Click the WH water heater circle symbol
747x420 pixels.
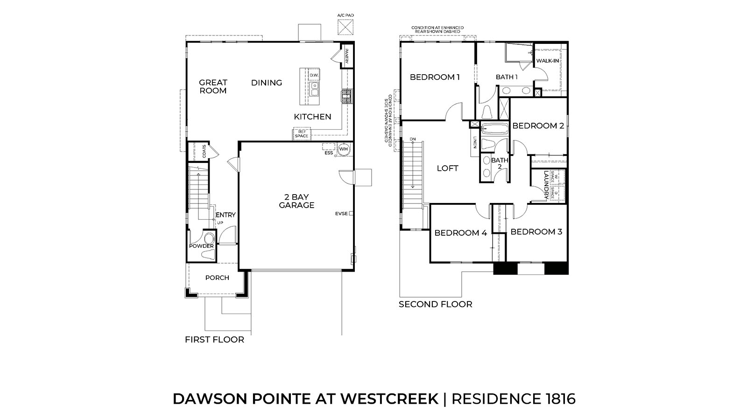point(344,149)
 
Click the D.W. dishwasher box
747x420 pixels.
point(313,75)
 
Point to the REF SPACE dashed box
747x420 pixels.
point(301,134)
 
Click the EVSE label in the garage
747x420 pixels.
point(341,214)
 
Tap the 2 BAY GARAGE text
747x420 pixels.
point(296,201)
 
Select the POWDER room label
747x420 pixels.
point(201,246)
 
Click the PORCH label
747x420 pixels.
point(217,278)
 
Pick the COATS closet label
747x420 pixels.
point(204,151)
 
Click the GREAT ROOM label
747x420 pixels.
point(213,86)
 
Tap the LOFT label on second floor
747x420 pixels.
point(447,168)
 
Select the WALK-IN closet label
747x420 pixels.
point(547,61)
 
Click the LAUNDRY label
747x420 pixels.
point(545,185)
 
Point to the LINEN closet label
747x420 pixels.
point(474,142)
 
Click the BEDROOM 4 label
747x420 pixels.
point(460,232)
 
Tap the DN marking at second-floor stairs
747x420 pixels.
point(413,139)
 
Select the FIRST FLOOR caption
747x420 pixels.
point(214,340)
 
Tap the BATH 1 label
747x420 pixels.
point(507,77)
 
